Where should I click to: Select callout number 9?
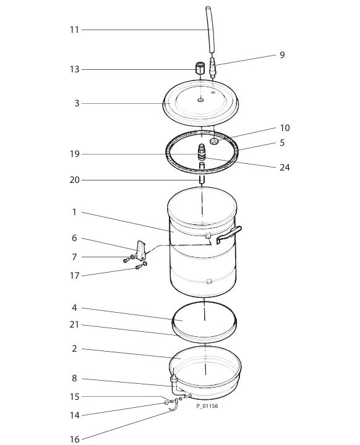(x=282, y=55)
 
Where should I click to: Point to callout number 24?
(x=285, y=167)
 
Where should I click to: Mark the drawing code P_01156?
(x=207, y=406)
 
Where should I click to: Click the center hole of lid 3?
(x=201, y=100)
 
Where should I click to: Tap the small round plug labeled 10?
(x=214, y=142)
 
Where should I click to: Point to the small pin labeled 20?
(x=202, y=180)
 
